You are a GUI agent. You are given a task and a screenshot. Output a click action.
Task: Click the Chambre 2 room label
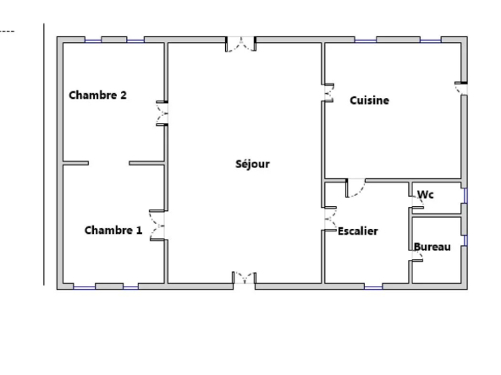tap(98, 95)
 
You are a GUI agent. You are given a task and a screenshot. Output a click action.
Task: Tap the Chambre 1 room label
tap(113, 231)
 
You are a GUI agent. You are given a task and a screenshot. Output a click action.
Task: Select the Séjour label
tap(252, 164)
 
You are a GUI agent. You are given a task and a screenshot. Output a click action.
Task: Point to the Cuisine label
tap(369, 101)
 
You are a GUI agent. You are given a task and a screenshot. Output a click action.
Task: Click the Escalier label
tap(358, 231)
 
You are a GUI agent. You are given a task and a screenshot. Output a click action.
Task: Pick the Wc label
tap(426, 194)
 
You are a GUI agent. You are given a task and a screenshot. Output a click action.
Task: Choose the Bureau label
tap(432, 247)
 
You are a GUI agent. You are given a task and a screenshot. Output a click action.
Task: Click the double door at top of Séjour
tap(240, 44)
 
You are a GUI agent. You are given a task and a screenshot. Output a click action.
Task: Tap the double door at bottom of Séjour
tap(245, 277)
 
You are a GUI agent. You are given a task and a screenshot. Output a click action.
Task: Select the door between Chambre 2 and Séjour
tap(162, 113)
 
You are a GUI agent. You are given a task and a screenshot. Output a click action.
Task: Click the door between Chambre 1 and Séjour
tap(157, 226)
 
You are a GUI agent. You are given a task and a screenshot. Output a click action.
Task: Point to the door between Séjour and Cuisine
tap(328, 93)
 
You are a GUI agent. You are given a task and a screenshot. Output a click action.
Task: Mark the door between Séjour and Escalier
tap(330, 219)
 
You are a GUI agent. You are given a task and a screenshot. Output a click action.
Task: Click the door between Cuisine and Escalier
tap(355, 188)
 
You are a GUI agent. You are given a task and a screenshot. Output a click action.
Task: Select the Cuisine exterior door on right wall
tap(461, 89)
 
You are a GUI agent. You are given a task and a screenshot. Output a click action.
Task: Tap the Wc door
tap(417, 201)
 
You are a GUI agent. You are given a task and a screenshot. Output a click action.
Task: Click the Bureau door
tap(417, 255)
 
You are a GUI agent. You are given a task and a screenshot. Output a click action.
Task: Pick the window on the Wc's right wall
tap(465, 195)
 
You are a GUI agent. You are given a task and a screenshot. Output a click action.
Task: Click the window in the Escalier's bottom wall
tap(373, 288)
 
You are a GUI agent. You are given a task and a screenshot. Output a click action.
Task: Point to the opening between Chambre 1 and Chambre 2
tap(108, 163)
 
